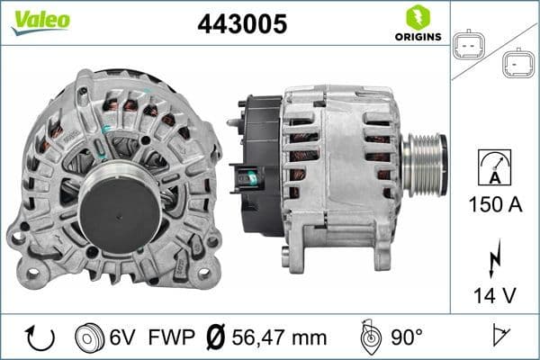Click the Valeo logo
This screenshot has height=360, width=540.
[40, 20]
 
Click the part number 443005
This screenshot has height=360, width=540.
[242, 25]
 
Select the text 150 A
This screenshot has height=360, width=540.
[496, 204]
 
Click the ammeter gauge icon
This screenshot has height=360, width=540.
[496, 167]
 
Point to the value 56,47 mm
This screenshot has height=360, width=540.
[277, 337]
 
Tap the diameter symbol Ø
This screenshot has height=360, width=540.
[216, 337]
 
